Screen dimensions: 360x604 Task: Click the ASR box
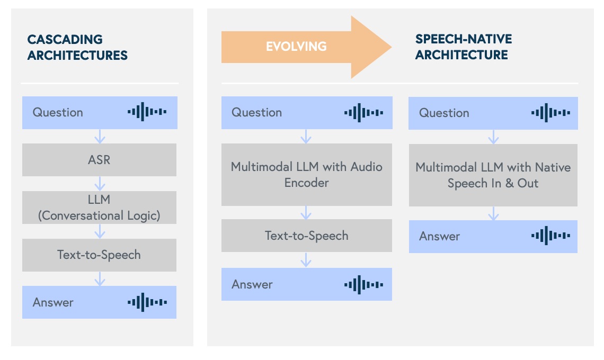[x=99, y=160]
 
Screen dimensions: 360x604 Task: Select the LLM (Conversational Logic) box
[x=99, y=208]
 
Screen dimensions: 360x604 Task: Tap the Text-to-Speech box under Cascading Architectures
[x=99, y=255]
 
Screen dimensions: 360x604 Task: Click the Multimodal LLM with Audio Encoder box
[x=306, y=175]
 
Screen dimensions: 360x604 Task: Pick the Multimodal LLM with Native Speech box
[x=493, y=175]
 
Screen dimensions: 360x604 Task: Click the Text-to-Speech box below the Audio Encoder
[x=306, y=236]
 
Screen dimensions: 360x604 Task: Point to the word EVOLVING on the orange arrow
[x=296, y=47]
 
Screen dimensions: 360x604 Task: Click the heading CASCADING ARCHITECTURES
[x=77, y=47]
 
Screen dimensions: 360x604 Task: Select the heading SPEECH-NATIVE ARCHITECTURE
[x=463, y=47]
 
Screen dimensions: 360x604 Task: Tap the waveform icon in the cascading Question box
[x=147, y=112]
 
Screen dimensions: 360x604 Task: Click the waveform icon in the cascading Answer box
[x=147, y=302]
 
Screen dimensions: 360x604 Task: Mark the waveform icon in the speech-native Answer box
[x=550, y=236]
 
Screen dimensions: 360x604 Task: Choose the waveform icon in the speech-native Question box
[x=550, y=113]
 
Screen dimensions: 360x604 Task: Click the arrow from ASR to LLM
[x=100, y=184]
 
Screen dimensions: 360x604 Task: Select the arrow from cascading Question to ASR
[x=100, y=136]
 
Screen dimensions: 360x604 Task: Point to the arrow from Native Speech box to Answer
[x=493, y=213]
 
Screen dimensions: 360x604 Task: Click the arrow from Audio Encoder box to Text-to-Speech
[x=306, y=213]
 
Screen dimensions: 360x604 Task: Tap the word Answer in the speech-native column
[x=439, y=236]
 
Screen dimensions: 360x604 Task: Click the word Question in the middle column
[x=256, y=112]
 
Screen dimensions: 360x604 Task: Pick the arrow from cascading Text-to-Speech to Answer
[x=100, y=278]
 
